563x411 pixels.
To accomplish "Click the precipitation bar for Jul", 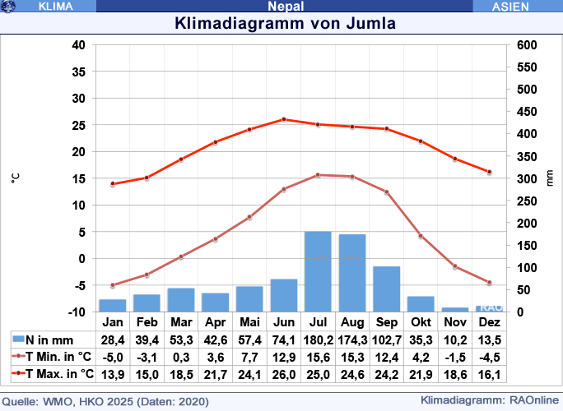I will pos(318,271).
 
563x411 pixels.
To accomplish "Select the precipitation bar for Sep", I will pos(386,289).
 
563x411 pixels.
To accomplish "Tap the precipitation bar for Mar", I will pos(181,300).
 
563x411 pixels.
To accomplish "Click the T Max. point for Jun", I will pos(284,119).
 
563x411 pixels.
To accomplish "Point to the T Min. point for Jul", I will pos(318,175).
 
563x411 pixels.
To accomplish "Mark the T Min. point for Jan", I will pos(113,285).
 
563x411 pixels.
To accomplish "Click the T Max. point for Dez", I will pos(489,172).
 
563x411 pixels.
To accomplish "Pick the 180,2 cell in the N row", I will pos(318,339).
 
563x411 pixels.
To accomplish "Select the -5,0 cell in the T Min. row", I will pos(113,356).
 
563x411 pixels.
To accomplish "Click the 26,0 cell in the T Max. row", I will pos(284,373).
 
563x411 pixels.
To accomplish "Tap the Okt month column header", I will pos(421,321).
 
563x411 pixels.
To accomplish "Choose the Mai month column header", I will pos(249,321).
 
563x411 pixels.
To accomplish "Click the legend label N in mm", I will pos(49,339).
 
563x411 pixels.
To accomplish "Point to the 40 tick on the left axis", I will pos(79,45).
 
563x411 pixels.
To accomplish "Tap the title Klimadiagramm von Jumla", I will pos(286,23).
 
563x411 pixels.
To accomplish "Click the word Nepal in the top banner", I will pos(286,7).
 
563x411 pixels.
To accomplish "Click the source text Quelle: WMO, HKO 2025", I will pos(107,402).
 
